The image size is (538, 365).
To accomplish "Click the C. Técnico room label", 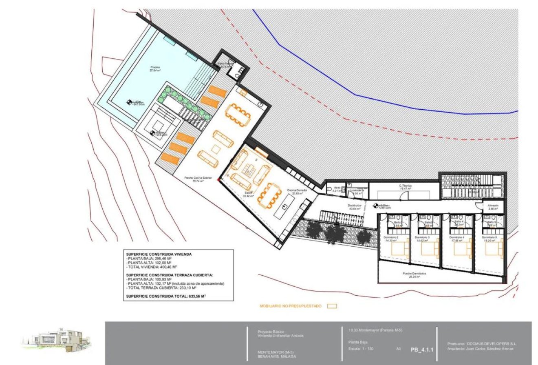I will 405,186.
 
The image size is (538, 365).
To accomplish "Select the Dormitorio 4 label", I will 456,237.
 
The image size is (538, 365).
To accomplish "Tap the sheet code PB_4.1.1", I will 421,350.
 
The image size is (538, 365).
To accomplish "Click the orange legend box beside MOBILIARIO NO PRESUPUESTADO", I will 332,306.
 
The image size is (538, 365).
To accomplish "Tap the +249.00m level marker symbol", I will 374,206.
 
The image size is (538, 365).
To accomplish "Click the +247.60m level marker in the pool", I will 128,103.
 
